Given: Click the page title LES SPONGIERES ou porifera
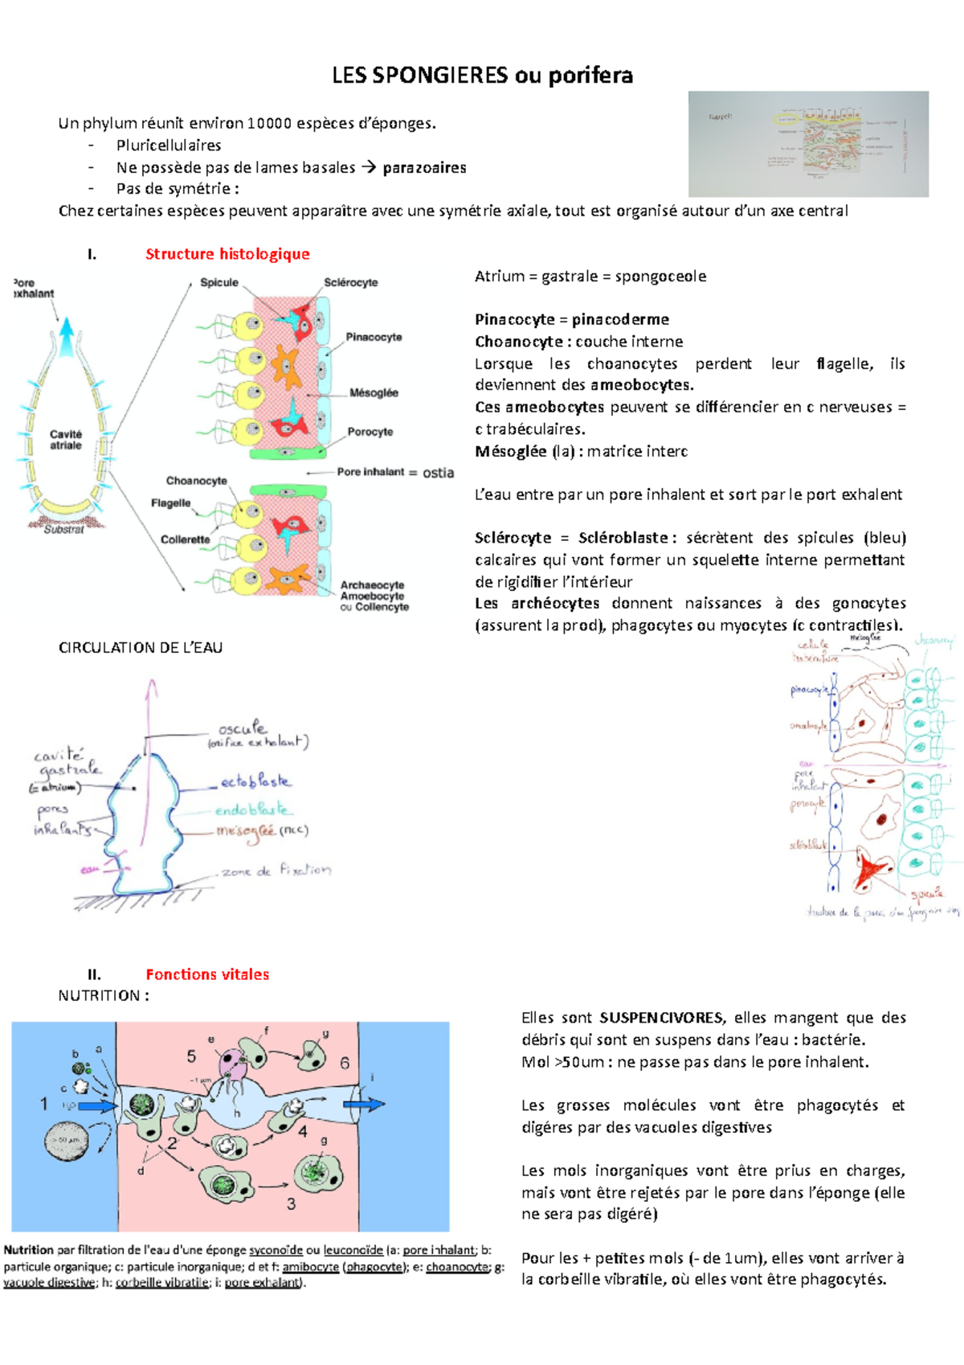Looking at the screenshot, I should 482,76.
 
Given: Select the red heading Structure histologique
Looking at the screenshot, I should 227,254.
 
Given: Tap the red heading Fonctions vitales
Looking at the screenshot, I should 207,974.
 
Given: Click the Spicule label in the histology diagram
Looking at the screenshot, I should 219,283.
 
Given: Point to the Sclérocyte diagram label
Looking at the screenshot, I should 350,283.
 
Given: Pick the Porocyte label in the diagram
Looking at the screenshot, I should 370,432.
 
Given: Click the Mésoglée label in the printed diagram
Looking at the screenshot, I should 374,393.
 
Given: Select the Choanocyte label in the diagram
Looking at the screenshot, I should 196,481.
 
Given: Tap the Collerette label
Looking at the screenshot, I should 185,539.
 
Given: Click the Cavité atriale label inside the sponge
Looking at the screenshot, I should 66,440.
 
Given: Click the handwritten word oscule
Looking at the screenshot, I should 242,728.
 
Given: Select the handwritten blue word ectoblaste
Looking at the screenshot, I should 255,781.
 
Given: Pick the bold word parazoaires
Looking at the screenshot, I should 424,167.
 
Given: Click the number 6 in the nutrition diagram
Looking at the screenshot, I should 345,1063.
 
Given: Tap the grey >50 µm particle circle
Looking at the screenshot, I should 67,1140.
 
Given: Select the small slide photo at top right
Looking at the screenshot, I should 808,144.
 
